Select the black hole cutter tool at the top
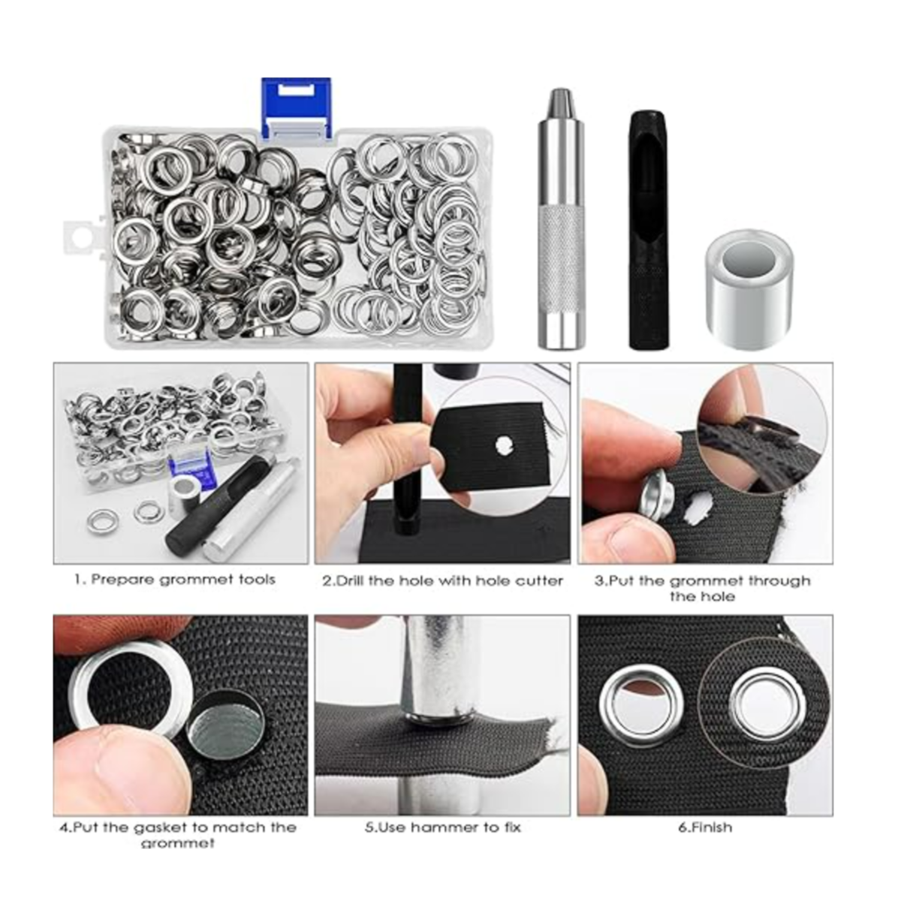coord(649,230)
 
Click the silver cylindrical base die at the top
coord(749,288)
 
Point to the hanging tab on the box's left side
coord(83,238)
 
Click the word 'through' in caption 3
coord(780,580)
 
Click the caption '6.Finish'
coord(705,827)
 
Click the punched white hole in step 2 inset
coord(504,445)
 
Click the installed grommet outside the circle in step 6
coord(641,706)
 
